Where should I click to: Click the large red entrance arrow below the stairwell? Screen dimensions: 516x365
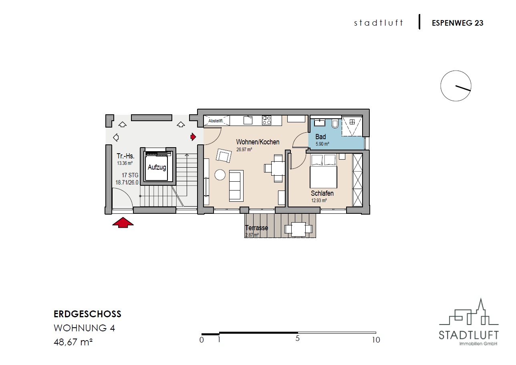click(x=123, y=223)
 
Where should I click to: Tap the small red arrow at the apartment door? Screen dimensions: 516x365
click(x=193, y=137)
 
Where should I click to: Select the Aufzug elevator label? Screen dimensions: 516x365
click(x=157, y=167)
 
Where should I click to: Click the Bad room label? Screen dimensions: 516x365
click(x=320, y=137)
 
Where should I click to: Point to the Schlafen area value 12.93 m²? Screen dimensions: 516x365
click(x=319, y=201)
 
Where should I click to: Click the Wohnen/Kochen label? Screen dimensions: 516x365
click(x=258, y=142)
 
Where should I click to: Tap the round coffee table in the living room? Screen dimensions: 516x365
click(x=220, y=174)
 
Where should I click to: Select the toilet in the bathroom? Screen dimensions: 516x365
click(x=335, y=124)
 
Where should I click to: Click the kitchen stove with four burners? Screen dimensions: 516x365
click(x=266, y=120)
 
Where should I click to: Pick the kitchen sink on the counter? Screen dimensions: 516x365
click(x=248, y=120)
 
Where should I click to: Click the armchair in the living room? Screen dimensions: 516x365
click(x=224, y=156)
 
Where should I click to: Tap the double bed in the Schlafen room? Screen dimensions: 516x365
click(x=323, y=171)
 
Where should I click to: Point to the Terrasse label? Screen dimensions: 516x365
click(x=257, y=228)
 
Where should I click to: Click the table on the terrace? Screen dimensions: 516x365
click(x=298, y=229)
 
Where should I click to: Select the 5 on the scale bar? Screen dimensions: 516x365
click(x=297, y=339)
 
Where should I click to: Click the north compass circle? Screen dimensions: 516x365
click(x=456, y=86)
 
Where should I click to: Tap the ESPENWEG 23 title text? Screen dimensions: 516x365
click(x=458, y=23)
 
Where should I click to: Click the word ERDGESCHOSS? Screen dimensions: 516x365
click(x=87, y=314)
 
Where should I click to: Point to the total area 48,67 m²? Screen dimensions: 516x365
click(x=73, y=342)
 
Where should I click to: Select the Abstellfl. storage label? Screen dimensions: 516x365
click(x=216, y=121)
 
